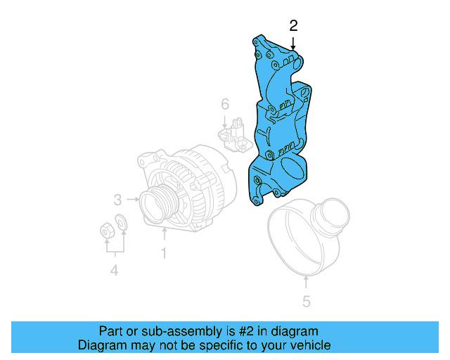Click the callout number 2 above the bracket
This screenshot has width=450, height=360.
click(x=293, y=27)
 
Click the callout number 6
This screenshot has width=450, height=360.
click(x=224, y=105)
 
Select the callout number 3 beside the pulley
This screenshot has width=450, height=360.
click(x=118, y=199)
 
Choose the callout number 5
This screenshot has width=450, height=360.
click(x=306, y=302)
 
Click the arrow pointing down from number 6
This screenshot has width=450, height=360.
click(x=224, y=120)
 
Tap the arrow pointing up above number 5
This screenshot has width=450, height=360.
click(x=306, y=283)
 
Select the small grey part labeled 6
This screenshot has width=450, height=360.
click(x=234, y=136)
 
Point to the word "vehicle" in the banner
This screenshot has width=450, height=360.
click(x=307, y=345)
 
